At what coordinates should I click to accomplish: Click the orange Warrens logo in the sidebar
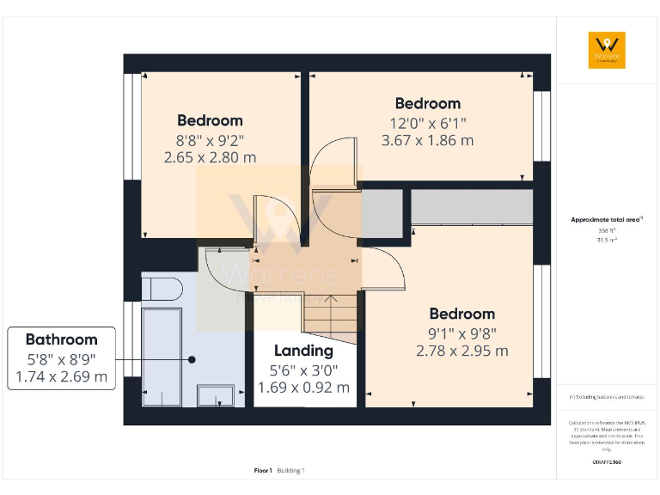pos(607,50)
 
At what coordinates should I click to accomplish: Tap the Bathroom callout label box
pos(61,357)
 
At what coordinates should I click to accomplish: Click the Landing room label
pos(303,351)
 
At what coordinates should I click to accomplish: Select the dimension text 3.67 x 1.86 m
pos(427,140)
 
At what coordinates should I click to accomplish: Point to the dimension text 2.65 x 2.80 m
pos(210,157)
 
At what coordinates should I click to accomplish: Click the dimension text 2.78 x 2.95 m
pos(461,351)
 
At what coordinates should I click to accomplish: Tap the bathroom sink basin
pos(215,395)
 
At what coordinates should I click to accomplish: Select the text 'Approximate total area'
pos(606,220)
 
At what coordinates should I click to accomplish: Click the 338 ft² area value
pos(607,230)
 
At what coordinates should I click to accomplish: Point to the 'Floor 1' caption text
pos(263,470)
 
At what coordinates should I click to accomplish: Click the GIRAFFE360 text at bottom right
pos(607,462)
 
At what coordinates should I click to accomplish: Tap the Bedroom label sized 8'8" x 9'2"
pos(210,120)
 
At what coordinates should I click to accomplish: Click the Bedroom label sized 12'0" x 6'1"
pos(427,103)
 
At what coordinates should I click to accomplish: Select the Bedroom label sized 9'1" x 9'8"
pos(461,314)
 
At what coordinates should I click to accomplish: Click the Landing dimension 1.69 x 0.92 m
pos(303,388)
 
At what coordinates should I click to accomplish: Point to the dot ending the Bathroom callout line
pos(193,359)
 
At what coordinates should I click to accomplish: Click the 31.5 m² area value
pos(607,241)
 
